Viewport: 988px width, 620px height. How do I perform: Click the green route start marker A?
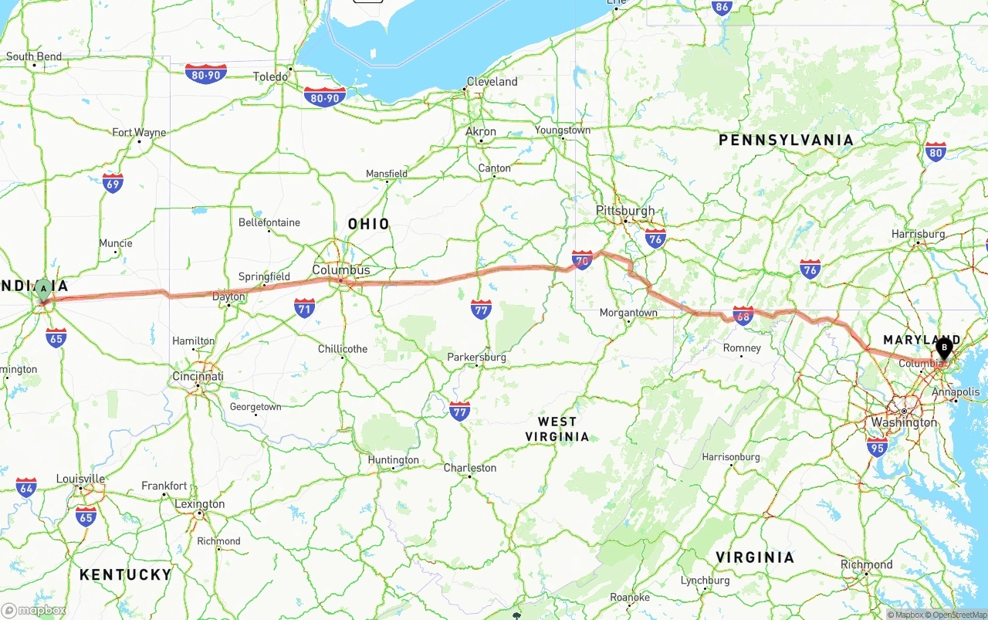coord(44,290)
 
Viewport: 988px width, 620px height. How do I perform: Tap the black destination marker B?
coord(944,348)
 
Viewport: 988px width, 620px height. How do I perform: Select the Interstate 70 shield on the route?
coord(583,260)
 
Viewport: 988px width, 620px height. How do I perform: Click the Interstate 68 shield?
coord(743,315)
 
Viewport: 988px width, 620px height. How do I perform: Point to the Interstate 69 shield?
coord(113,183)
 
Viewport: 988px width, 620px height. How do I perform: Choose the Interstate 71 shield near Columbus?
coord(304,309)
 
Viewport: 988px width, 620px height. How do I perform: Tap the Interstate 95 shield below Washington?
coord(877,446)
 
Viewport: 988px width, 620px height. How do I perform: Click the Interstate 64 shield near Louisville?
coord(26,487)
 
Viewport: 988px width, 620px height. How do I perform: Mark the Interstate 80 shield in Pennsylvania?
coord(936,151)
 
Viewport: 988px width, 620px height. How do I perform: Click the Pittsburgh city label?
coord(625,211)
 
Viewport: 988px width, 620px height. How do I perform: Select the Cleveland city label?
coord(492,82)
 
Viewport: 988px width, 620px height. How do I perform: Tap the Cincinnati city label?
coord(198,376)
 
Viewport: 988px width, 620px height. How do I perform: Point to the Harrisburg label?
coord(918,234)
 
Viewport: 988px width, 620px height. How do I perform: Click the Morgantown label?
coord(628,313)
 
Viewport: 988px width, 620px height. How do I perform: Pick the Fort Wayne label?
coord(139,132)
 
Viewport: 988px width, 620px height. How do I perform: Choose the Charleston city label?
coord(469,468)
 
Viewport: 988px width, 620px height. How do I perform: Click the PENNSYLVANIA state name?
coord(786,140)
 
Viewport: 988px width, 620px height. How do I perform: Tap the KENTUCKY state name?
coord(125,574)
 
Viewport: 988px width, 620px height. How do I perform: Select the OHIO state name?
coord(369,224)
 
